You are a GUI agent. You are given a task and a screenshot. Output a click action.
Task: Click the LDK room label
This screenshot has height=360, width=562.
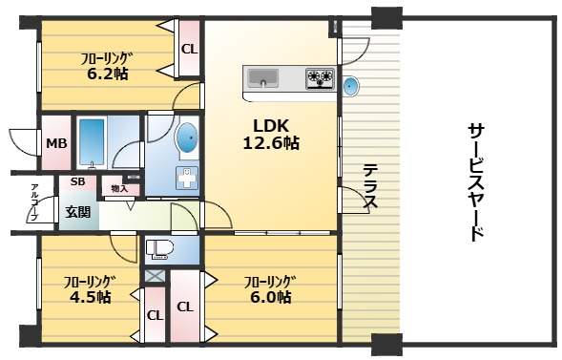point(271,126)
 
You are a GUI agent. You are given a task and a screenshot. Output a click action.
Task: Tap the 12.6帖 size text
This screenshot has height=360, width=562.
point(271,143)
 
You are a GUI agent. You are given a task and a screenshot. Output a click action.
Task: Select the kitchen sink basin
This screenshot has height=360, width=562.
point(263,77)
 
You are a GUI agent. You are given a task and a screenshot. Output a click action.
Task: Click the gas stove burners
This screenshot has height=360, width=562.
point(320,78)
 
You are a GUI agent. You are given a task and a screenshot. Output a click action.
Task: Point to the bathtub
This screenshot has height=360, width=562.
point(92,142)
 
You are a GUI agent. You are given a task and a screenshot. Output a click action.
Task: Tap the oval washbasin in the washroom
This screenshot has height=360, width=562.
point(187,138)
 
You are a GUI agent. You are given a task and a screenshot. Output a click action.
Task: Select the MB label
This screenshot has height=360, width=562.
point(56,143)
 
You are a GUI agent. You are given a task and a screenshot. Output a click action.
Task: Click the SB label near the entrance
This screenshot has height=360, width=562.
point(78,181)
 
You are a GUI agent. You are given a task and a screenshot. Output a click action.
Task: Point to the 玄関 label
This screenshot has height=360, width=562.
point(77,212)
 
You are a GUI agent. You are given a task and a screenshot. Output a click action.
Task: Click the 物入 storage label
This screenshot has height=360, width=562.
point(119,188)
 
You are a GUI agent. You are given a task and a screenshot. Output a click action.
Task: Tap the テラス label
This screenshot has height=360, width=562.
point(369,186)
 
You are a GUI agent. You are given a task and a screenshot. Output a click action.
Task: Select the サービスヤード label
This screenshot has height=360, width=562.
point(477,181)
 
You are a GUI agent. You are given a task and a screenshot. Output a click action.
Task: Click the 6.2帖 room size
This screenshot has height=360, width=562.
point(107,74)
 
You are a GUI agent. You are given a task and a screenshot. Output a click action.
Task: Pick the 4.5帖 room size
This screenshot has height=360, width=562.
point(90,297)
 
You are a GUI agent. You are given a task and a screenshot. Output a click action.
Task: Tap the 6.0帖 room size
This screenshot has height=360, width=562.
point(270,297)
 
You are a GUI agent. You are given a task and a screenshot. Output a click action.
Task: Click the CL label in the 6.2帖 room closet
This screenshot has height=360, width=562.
point(189,49)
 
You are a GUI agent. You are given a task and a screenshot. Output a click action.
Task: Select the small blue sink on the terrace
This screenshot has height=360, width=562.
point(350,86)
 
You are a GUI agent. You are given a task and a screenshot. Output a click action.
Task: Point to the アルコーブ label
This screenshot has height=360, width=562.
point(34,202)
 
